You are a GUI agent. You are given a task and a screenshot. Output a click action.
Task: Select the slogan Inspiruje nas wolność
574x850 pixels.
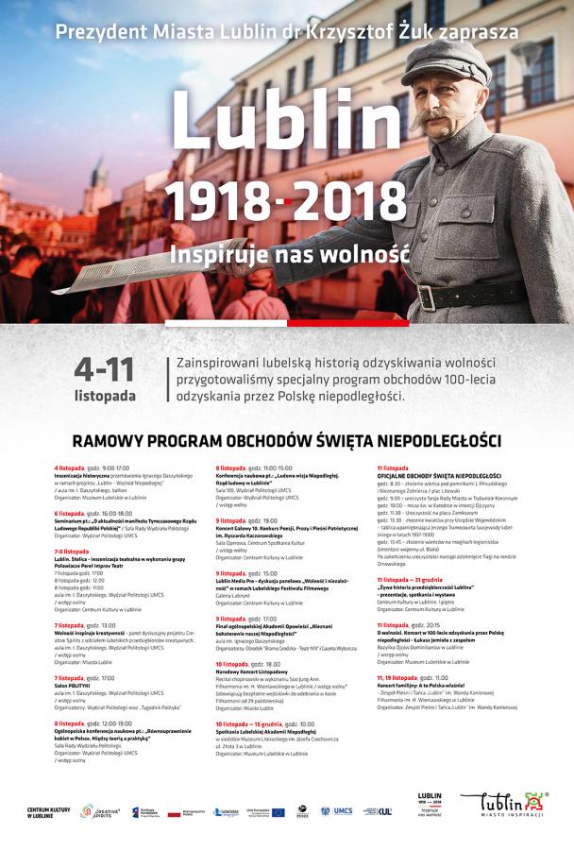(289, 253)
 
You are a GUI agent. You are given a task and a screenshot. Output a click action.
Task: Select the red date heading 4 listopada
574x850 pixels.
(69, 467)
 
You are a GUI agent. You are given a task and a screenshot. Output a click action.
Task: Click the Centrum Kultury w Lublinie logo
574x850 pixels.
(48, 812)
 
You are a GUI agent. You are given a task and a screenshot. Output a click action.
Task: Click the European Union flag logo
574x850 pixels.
(257, 811)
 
